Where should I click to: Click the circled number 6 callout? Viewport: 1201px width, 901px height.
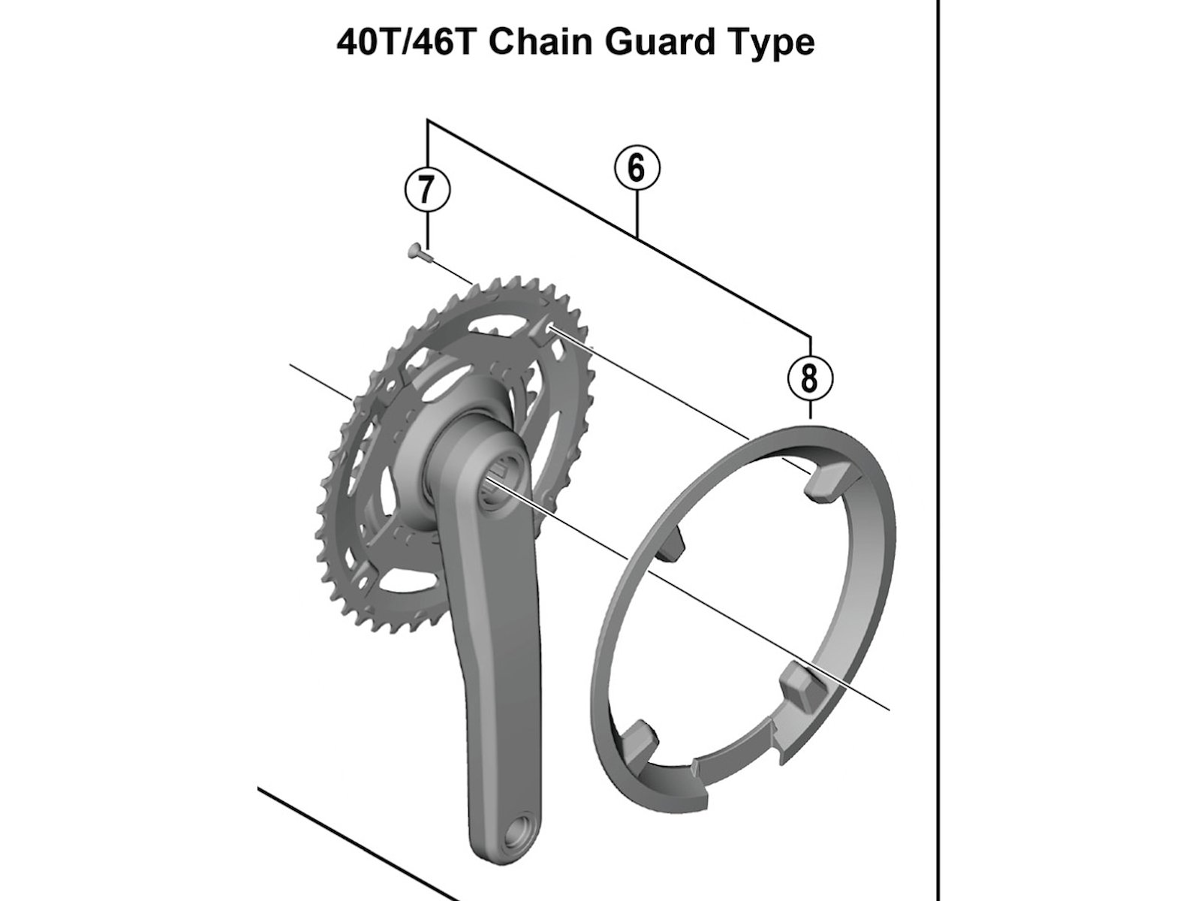637,169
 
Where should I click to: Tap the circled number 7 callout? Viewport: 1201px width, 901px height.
427,191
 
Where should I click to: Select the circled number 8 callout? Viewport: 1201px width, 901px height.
810,378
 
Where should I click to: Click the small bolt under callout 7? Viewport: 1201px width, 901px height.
420,252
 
